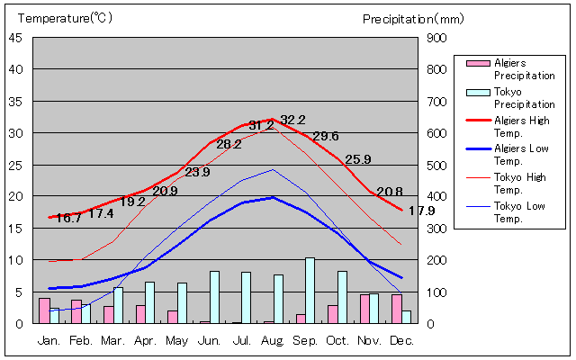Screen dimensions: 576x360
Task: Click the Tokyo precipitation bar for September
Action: tap(310, 291)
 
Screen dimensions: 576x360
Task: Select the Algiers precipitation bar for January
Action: tap(44, 310)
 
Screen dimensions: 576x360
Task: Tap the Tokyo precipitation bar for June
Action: tap(214, 298)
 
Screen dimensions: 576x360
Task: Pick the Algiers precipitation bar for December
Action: tap(397, 309)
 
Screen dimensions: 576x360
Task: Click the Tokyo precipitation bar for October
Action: tap(342, 298)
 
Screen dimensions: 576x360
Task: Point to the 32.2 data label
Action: tap(292, 120)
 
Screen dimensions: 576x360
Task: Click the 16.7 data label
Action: tap(68, 218)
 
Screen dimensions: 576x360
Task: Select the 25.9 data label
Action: tap(358, 159)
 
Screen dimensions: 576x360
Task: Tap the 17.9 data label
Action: tap(422, 211)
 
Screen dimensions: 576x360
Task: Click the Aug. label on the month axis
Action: tap(273, 341)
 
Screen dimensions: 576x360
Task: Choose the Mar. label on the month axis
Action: tap(112, 341)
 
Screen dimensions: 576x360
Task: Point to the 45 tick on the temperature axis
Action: tap(15, 38)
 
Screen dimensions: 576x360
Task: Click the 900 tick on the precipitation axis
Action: tap(436, 38)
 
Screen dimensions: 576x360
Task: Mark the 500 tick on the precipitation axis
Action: tap(436, 166)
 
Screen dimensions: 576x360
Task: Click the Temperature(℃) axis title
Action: tap(65, 18)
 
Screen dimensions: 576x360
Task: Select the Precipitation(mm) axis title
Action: tap(413, 19)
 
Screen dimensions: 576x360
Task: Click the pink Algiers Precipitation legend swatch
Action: tap(478, 63)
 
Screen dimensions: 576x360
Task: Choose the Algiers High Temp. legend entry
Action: tap(508, 127)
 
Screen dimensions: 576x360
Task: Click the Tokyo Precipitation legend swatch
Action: tap(478, 92)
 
